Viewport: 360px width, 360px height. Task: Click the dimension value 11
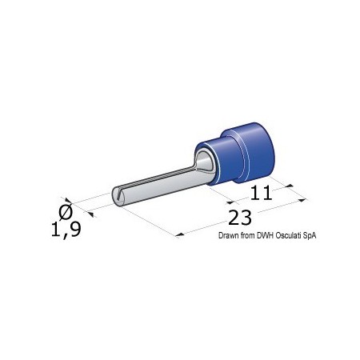coord(262,193)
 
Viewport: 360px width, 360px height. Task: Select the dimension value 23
coord(240,218)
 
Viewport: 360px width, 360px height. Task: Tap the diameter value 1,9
coord(66,230)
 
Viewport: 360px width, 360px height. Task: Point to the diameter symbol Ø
coord(66,212)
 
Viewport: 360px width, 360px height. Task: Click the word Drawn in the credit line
coord(229,235)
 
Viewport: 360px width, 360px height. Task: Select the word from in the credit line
coord(248,235)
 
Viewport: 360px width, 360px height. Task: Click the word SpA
coord(310,236)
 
